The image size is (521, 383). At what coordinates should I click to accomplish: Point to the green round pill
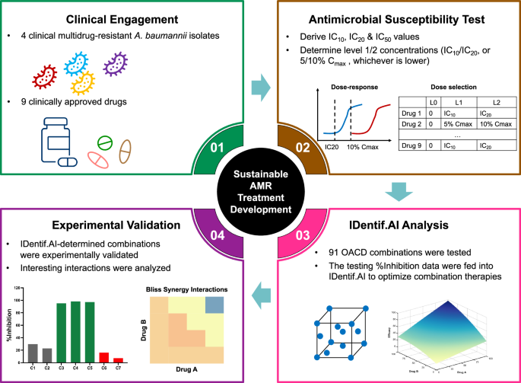point(106,142)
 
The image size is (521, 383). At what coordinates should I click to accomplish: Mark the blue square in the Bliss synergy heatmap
point(213,305)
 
